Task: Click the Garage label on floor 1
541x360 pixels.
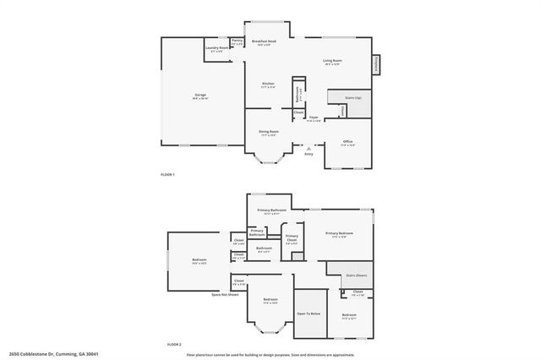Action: (200, 95)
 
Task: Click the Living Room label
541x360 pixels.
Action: (331, 61)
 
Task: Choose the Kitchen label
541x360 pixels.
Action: (268, 84)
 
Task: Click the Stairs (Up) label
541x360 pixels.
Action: (352, 98)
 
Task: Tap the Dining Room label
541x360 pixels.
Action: (269, 132)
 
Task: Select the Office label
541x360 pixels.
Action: (347, 141)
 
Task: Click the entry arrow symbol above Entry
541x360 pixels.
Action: (308, 147)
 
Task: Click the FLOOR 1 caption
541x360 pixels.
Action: (167, 174)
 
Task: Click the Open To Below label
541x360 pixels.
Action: (308, 314)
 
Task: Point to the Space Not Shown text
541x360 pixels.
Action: (225, 294)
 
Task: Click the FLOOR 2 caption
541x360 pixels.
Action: (174, 344)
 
